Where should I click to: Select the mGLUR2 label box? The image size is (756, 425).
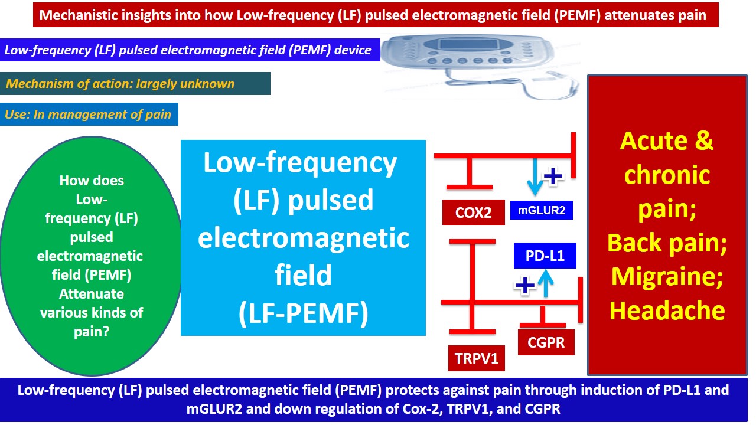click(x=541, y=210)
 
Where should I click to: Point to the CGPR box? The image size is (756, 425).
click(x=546, y=342)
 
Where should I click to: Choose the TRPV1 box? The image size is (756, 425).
click(x=476, y=358)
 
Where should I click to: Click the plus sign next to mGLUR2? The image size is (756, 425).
click(x=553, y=176)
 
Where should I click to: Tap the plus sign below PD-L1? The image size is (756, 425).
click(x=524, y=286)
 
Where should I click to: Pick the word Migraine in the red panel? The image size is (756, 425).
click(x=667, y=276)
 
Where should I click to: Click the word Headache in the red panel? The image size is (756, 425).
click(x=667, y=310)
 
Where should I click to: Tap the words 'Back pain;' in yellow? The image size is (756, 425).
click(x=667, y=243)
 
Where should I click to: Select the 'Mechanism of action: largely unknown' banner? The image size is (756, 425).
click(x=136, y=84)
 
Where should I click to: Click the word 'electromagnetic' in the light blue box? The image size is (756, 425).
click(x=303, y=238)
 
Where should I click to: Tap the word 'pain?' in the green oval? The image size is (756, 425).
click(x=91, y=332)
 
